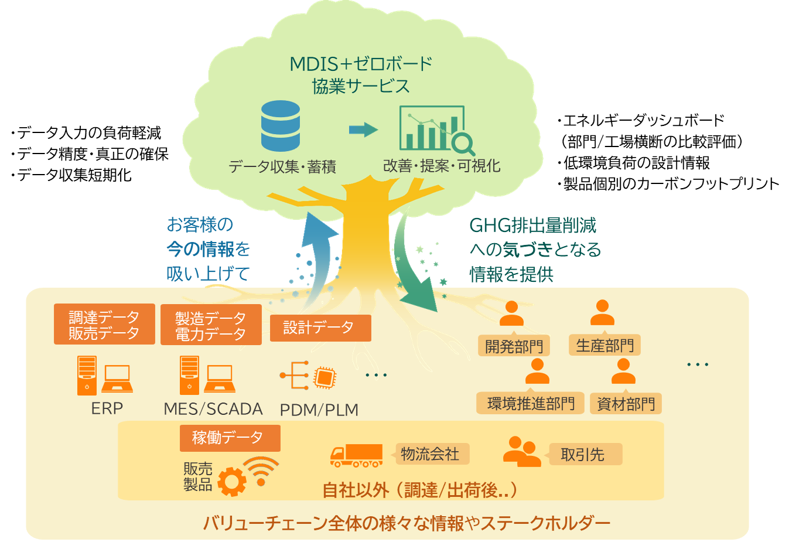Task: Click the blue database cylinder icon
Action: click(281, 126)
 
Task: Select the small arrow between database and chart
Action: click(364, 129)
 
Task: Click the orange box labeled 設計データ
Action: click(320, 328)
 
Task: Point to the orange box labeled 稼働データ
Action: click(230, 438)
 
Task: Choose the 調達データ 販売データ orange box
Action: click(104, 324)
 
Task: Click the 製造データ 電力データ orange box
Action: click(211, 325)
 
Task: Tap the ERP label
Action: click(107, 409)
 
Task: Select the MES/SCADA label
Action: click(213, 409)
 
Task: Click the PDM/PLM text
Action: click(319, 410)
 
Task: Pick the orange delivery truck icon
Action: click(357, 456)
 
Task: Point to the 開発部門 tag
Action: click(514, 346)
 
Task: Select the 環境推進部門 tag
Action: click(531, 403)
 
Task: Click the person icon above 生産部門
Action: click(602, 312)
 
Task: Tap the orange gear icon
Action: click(232, 482)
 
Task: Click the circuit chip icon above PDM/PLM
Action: click(325, 377)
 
